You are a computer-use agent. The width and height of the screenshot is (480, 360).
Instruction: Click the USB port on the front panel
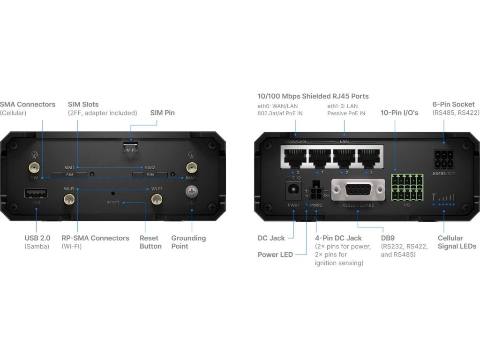pos(36,193)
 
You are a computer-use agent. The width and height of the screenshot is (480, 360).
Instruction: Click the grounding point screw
pos(191,192)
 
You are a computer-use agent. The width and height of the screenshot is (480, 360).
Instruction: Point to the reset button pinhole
pos(113,193)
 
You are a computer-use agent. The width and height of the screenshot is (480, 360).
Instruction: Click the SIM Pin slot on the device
pos(130,143)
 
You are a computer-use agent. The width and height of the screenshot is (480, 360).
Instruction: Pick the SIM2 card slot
pos(150,175)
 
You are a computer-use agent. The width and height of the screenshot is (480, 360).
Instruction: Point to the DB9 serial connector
pos(357,190)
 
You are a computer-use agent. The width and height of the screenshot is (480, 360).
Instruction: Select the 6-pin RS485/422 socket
pos(443,160)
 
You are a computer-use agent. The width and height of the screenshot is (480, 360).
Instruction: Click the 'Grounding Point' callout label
pos(188,242)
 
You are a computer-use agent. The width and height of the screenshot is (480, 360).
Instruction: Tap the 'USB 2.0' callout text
pos(37,238)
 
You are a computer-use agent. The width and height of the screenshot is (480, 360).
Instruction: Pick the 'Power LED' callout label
pos(275,255)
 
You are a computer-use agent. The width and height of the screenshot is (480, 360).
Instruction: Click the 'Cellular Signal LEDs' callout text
pos(457,242)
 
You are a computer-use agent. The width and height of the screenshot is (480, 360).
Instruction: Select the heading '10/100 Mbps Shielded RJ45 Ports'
pos(313,96)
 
